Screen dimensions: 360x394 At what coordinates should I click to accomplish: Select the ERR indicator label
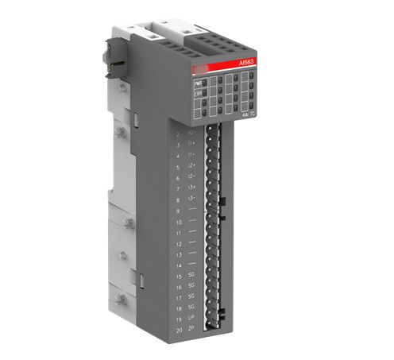click(x=197, y=93)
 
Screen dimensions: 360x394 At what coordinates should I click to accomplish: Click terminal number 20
click(x=178, y=328)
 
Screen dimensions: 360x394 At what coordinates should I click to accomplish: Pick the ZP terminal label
click(x=191, y=328)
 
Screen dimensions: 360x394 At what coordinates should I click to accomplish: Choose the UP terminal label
click(x=191, y=317)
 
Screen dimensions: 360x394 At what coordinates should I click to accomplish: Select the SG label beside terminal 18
click(x=191, y=306)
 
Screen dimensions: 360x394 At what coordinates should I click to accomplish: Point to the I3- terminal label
click(x=191, y=199)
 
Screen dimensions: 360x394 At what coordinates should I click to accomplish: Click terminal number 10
click(x=178, y=222)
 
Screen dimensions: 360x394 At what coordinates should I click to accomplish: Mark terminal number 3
click(x=178, y=146)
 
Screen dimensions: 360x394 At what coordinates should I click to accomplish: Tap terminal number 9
click(x=178, y=211)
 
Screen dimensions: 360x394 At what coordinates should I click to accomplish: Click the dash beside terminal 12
click(x=191, y=242)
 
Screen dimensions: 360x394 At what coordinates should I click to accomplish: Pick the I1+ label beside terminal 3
click(x=191, y=146)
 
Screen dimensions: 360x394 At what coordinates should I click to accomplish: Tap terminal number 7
click(x=178, y=189)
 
